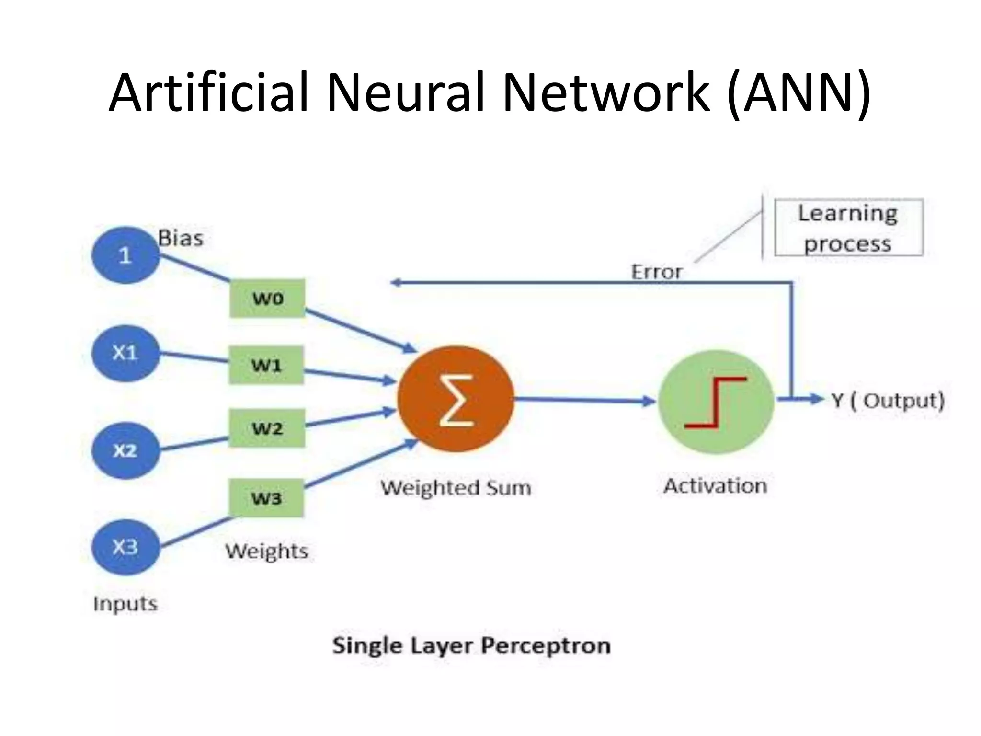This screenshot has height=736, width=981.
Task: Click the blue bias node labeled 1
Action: click(x=125, y=255)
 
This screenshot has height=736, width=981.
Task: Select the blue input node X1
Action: click(x=125, y=354)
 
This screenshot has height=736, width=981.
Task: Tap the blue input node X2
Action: click(x=125, y=450)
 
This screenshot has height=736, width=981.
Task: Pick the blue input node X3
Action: click(x=125, y=547)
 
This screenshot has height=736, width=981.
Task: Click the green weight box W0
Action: click(x=267, y=298)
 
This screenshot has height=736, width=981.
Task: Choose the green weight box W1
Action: click(x=266, y=365)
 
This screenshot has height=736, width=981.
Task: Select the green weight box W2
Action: click(x=267, y=428)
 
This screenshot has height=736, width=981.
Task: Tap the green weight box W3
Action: click(x=266, y=498)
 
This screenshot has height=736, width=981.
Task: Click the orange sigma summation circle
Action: click(x=456, y=399)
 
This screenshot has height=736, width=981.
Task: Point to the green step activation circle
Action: click(x=716, y=402)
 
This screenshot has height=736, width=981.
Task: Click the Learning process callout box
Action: click(x=848, y=228)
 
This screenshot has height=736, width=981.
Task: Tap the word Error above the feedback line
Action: click(x=656, y=272)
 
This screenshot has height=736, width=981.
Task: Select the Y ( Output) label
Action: click(x=888, y=401)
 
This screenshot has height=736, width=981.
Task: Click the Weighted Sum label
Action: click(x=456, y=488)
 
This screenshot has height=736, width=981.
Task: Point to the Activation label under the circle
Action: click(x=715, y=486)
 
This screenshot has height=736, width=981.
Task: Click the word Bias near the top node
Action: click(x=181, y=238)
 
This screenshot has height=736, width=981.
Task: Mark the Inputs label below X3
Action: click(x=125, y=604)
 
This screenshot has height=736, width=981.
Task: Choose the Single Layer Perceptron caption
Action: click(x=471, y=645)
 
